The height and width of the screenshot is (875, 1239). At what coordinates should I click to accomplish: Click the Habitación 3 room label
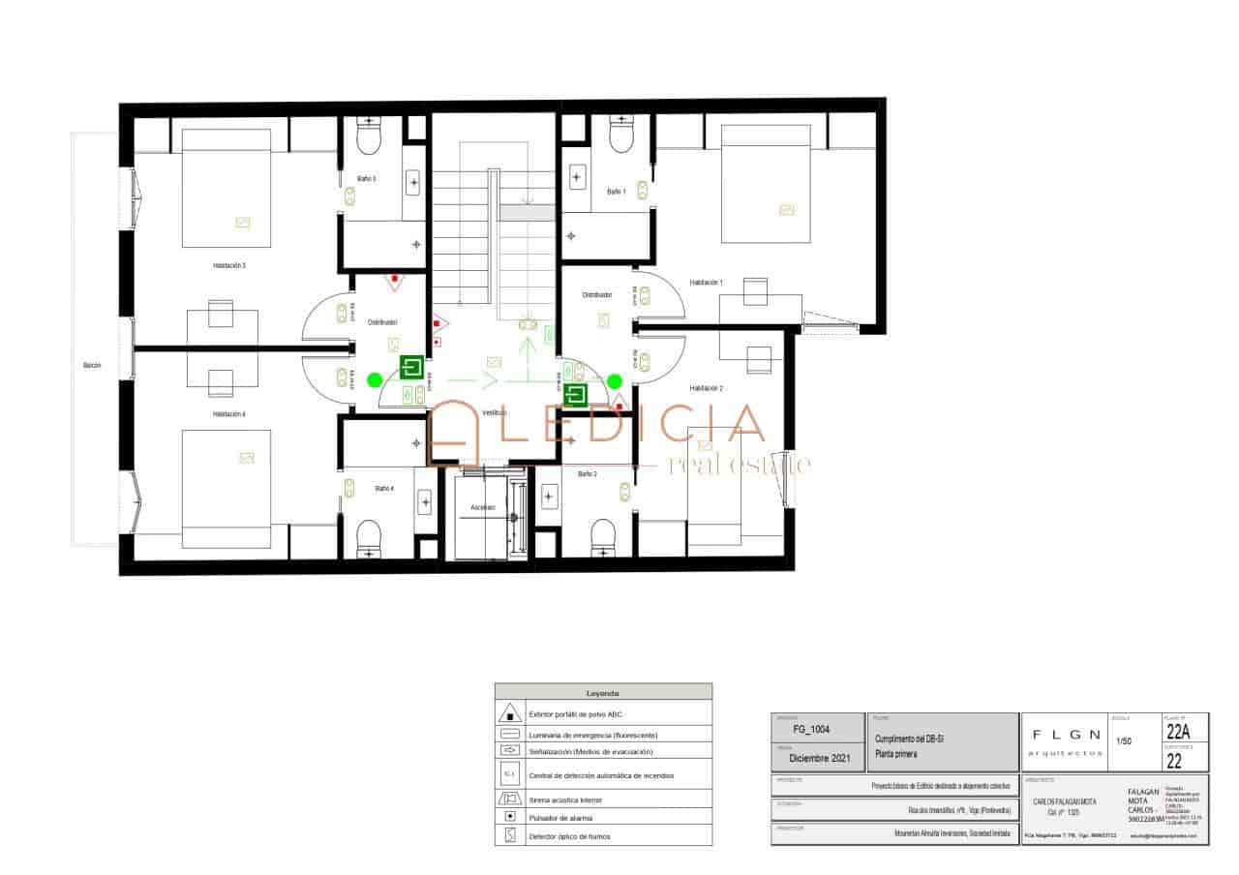coord(229,265)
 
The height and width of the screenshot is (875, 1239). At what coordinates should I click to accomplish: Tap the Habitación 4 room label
coord(229,414)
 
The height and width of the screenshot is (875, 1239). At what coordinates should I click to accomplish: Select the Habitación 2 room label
coord(706,388)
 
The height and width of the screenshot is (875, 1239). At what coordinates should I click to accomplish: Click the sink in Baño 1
coord(578,176)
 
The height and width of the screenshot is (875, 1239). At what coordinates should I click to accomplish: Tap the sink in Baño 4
coord(424,500)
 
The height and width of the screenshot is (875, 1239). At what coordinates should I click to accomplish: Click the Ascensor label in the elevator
coord(483,507)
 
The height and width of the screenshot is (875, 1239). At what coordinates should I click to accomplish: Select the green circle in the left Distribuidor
coord(375,379)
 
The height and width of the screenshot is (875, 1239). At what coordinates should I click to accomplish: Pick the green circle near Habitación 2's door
coord(616,380)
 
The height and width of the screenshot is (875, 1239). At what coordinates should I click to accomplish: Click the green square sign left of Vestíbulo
coord(412,368)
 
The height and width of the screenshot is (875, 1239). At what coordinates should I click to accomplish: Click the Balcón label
coord(92,366)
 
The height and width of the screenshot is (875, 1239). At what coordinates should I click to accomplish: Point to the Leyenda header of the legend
coord(603,693)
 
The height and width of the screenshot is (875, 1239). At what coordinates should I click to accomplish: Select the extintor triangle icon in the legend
coord(509,714)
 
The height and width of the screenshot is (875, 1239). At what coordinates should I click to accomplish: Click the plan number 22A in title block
coord(1178,732)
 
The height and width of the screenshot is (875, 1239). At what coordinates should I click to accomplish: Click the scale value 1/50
coord(1124,742)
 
